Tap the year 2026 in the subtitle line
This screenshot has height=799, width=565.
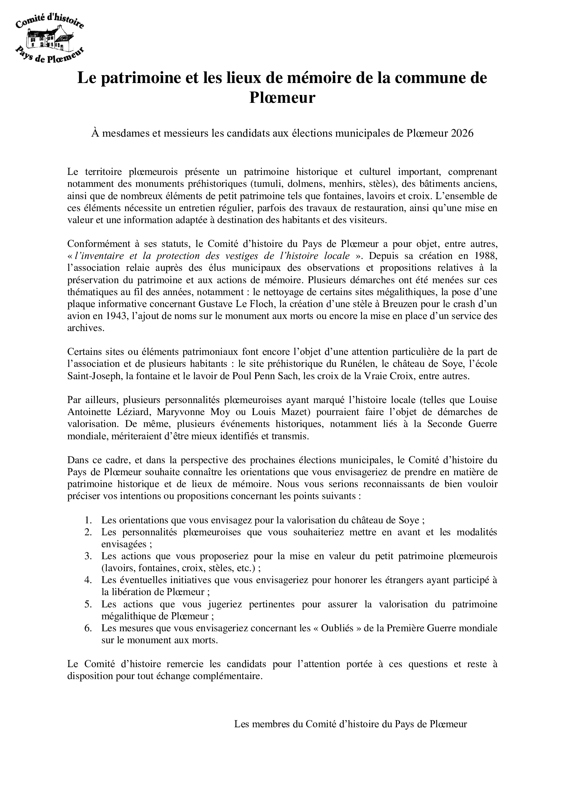click(x=463, y=133)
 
